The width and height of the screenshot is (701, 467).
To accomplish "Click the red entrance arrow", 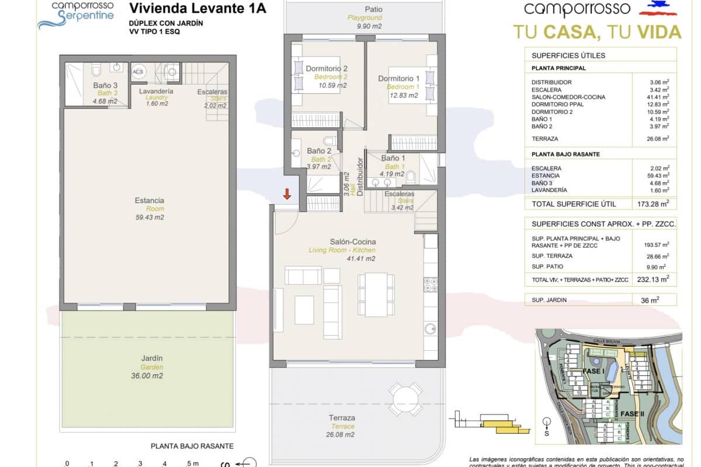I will point(287,194).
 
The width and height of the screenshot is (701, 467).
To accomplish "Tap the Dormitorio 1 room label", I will point(399,79).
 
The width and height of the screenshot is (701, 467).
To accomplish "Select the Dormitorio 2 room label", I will point(327,68).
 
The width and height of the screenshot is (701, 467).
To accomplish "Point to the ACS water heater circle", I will point(138,72).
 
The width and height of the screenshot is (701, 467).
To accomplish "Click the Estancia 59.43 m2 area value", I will point(149,217).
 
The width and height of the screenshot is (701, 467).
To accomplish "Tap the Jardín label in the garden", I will point(152,358).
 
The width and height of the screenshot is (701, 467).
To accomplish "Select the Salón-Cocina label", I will point(353,242).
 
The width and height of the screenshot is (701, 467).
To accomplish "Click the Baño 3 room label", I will point(105,86).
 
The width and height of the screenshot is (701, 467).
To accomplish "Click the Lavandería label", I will point(156,92).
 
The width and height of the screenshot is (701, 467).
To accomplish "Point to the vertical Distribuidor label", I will point(360,176).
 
